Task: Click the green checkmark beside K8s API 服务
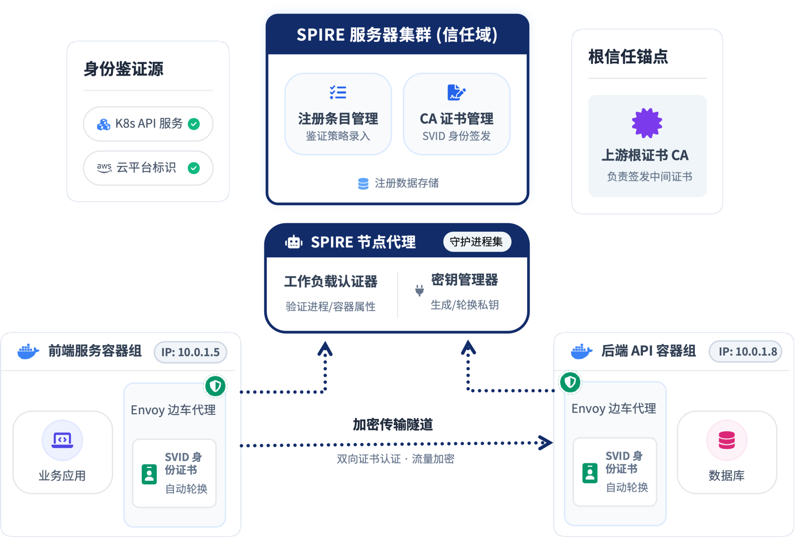pos(194,124)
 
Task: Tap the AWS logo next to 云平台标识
pos(104,167)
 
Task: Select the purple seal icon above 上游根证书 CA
pos(647,123)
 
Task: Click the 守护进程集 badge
pos(477,242)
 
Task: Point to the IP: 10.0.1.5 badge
pos(190,352)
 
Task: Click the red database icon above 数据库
pos(727,440)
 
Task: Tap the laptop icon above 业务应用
pos(63,440)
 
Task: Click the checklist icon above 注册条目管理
pos(338,92)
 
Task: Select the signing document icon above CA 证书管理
pos(456,92)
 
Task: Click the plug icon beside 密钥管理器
pos(419,290)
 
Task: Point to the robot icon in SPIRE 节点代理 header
pos(294,242)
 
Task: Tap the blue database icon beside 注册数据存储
pos(363,184)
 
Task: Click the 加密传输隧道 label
pos(393,424)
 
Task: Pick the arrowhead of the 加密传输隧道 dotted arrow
pos(546,443)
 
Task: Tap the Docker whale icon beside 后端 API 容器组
pos(581,351)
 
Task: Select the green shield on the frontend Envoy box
pos(215,386)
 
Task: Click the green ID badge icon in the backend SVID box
pos(590,473)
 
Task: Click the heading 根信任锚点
pos(628,57)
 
